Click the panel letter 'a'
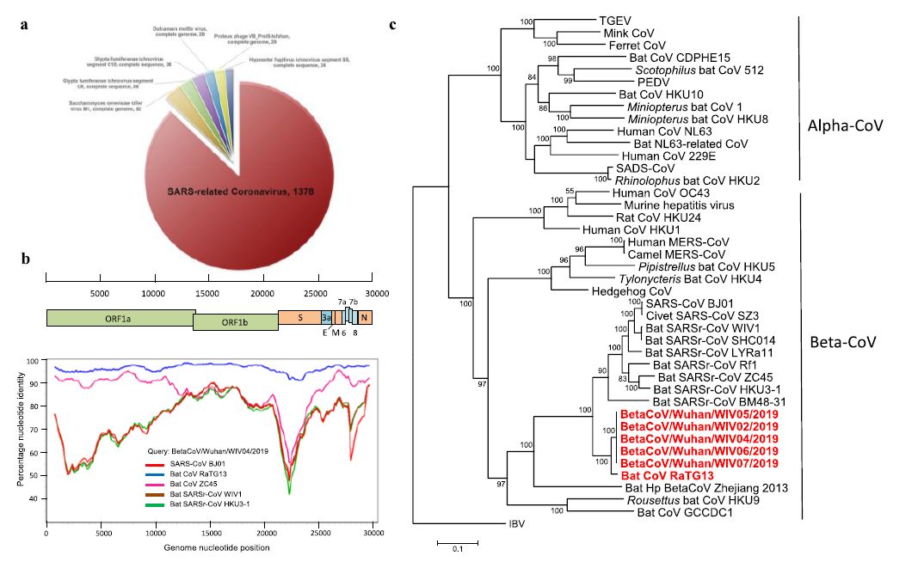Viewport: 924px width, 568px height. click(26, 24)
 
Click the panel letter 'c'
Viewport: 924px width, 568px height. click(393, 24)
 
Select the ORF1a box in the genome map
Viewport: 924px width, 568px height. click(120, 317)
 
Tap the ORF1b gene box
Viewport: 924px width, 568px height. click(235, 322)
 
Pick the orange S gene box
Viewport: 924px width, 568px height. click(299, 317)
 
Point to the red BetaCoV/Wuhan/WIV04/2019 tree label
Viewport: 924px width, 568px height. click(699, 437)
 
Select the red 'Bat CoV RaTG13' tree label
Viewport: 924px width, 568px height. click(668, 475)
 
